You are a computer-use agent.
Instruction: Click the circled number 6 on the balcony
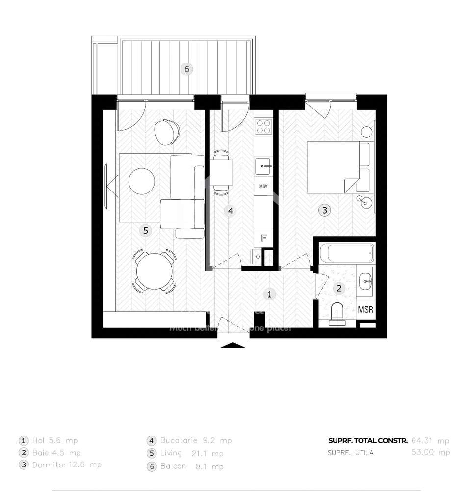[x=186, y=69]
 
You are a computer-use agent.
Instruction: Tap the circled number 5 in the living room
[x=145, y=229]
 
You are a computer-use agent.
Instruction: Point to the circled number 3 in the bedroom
[x=324, y=210]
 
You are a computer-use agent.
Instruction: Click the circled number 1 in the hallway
[x=269, y=294]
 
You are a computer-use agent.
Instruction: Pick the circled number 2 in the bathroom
[x=339, y=289]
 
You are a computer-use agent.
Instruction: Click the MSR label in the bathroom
[x=365, y=310]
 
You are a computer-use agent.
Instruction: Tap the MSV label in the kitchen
[x=264, y=187]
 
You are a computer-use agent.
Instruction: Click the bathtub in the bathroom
[x=346, y=253]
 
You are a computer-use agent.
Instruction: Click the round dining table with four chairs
[x=155, y=271]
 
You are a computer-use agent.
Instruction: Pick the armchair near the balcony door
[x=167, y=131]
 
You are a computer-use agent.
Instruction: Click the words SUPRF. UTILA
[x=350, y=453]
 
